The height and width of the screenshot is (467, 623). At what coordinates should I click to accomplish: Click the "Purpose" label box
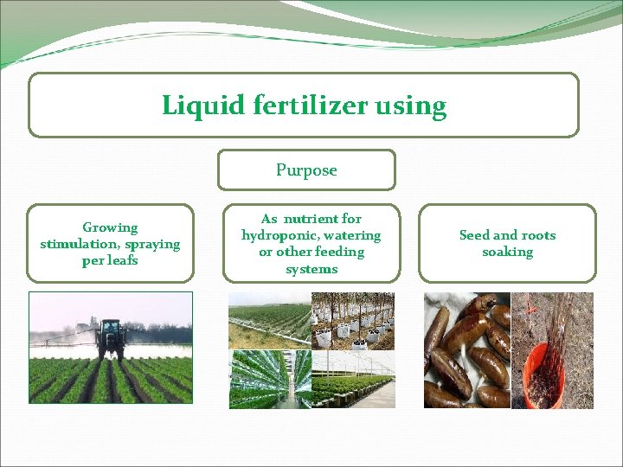click(306, 170)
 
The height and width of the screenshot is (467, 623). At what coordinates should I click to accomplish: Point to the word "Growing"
click(110, 227)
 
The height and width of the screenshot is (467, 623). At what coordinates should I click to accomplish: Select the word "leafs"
click(122, 260)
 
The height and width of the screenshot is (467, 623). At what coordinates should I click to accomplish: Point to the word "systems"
click(311, 269)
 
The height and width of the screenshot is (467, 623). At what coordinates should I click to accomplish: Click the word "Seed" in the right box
click(474, 235)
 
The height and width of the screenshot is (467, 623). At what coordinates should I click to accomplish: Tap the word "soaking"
click(507, 252)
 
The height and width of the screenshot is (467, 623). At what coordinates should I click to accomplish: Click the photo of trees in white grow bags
click(352, 320)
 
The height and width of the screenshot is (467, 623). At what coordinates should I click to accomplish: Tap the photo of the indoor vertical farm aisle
click(269, 379)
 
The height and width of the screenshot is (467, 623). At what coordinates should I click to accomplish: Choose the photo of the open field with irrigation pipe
click(269, 320)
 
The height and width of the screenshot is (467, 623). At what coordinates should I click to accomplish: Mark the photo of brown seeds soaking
click(466, 350)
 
